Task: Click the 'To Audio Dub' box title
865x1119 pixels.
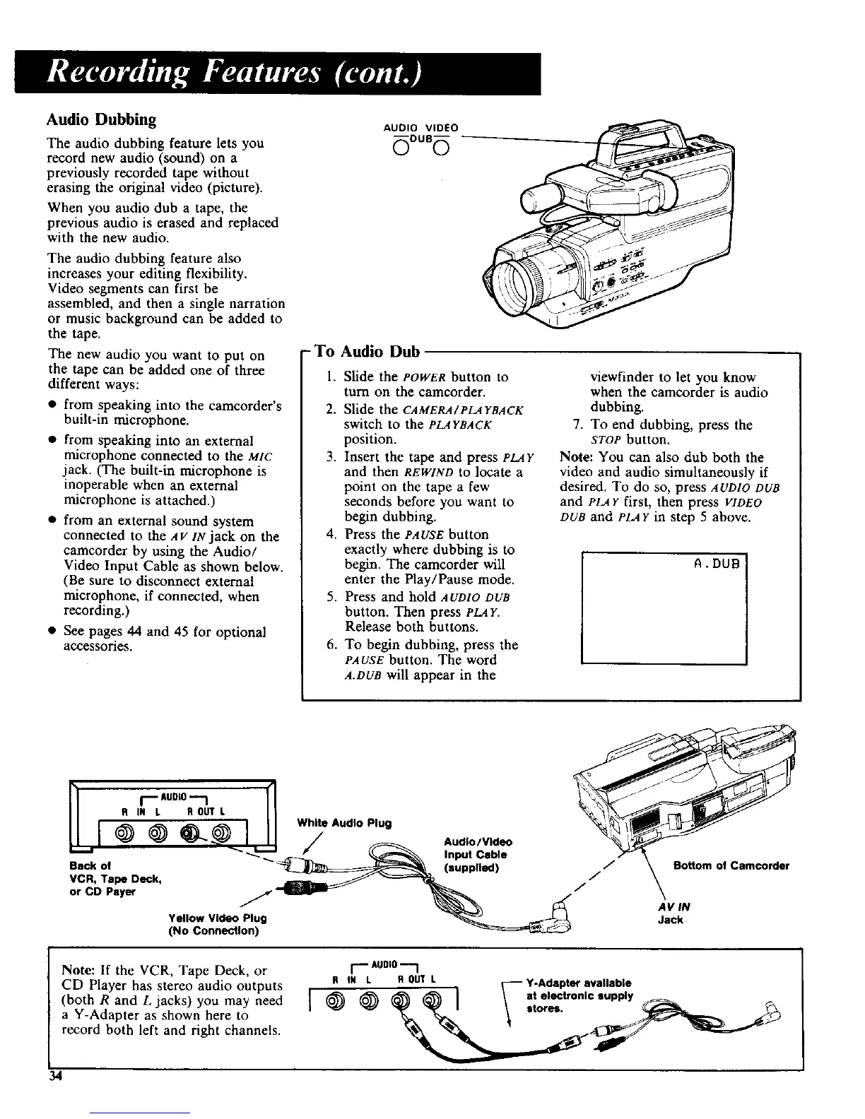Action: (367, 351)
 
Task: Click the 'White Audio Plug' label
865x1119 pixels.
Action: (344, 823)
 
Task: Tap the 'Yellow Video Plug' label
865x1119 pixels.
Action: (218, 918)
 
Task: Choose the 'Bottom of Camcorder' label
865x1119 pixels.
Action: (731, 866)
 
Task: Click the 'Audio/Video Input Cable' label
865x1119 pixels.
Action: (477, 854)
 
